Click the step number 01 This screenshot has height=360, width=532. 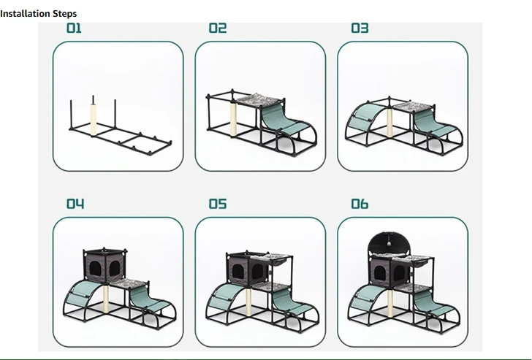coord(75,28)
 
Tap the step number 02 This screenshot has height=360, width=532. coord(217,28)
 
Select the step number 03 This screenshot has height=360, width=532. coord(360,28)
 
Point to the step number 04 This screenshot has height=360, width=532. coord(75,204)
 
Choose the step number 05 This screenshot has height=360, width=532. coord(217,204)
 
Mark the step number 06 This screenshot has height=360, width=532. coord(360,204)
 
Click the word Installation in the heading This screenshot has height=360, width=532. coord(25,13)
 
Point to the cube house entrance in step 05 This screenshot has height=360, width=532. coord(237,272)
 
